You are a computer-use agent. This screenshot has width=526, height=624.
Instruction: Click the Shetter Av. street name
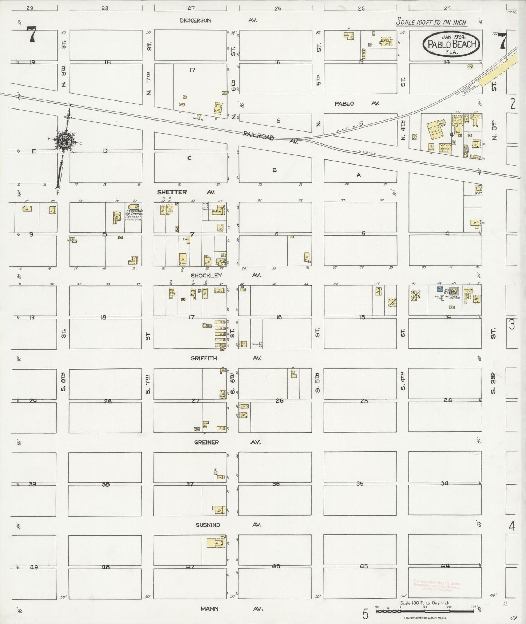[186, 192]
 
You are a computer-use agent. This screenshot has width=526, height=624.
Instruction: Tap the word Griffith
[203, 358]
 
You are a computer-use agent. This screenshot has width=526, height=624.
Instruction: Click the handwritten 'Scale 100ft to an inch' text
[431, 23]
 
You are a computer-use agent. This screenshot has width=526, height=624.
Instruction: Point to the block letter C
[189, 158]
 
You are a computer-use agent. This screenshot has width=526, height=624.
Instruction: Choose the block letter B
[275, 170]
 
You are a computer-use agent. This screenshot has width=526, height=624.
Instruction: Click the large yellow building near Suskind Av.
[215, 542]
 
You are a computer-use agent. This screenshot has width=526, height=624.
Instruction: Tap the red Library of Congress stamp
[437, 585]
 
